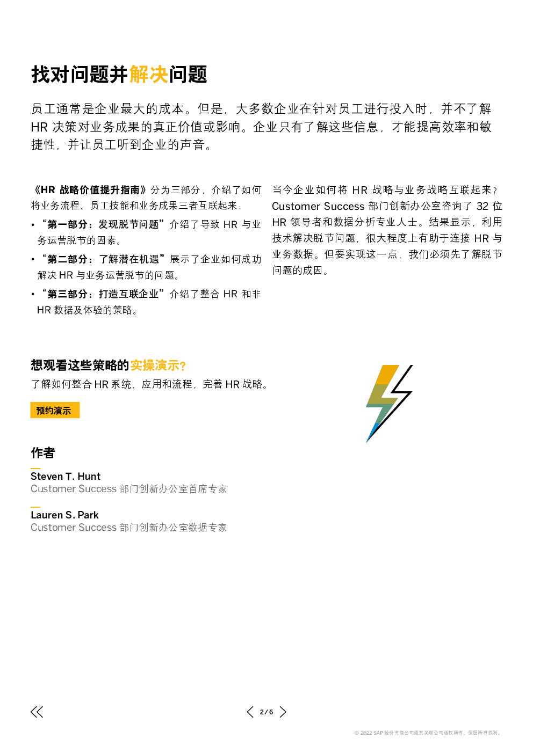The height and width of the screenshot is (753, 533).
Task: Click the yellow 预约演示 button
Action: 55,410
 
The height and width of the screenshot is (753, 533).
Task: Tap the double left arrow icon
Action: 37,712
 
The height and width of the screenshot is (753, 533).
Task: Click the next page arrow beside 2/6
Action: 283,712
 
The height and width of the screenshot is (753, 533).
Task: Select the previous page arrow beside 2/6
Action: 250,712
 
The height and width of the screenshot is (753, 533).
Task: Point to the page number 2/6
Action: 266,712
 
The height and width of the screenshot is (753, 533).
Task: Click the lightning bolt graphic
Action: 389,404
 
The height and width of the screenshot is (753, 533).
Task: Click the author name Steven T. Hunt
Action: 65,477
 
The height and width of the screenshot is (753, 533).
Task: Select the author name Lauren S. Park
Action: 64,515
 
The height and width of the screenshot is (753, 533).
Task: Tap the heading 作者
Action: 43,453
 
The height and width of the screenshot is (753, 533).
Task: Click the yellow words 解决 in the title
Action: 148,74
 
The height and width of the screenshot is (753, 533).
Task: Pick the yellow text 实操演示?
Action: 158,365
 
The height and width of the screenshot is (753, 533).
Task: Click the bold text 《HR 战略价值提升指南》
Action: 90,190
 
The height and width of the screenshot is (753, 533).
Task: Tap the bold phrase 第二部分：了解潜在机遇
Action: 103,259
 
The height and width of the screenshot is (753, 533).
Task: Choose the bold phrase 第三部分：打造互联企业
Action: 103,294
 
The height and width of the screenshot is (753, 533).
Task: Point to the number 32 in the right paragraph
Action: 482,206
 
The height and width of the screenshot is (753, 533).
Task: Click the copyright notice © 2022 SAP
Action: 427,733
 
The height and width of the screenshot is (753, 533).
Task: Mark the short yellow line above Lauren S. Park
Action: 35,507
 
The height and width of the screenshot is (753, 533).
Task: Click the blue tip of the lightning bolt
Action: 371,434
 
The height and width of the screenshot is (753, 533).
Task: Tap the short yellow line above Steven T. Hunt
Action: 35,468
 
